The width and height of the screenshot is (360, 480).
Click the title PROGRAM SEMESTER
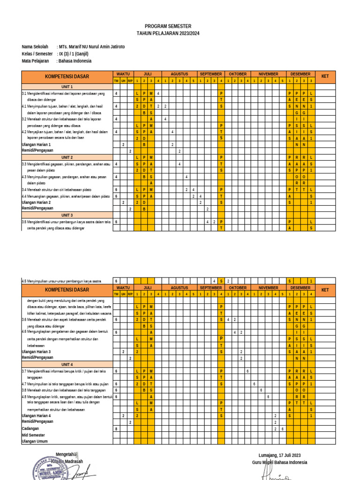coord(168,26)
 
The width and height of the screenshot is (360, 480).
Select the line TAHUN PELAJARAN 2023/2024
coord(168,34)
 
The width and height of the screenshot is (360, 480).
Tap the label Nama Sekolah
coord(35,47)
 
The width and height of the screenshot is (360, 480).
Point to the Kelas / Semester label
coord(37,54)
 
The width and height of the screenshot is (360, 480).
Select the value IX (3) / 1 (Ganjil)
coord(75,54)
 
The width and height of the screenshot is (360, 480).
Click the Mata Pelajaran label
coord(36,61)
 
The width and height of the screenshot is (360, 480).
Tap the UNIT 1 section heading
coord(67,87)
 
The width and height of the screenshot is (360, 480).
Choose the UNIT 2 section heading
coord(67,157)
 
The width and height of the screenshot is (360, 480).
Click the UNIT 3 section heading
coord(67,215)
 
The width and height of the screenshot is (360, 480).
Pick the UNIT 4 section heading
coord(67,364)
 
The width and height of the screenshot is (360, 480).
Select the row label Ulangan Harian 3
coord(37,352)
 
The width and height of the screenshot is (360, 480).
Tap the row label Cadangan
coord(30,428)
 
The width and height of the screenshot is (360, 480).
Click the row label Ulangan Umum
coord(35,442)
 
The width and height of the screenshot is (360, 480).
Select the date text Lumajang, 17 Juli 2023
coord(279,455)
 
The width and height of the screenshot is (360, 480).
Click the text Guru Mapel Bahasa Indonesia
coord(279,463)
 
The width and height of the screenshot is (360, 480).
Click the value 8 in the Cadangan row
coord(116,428)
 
